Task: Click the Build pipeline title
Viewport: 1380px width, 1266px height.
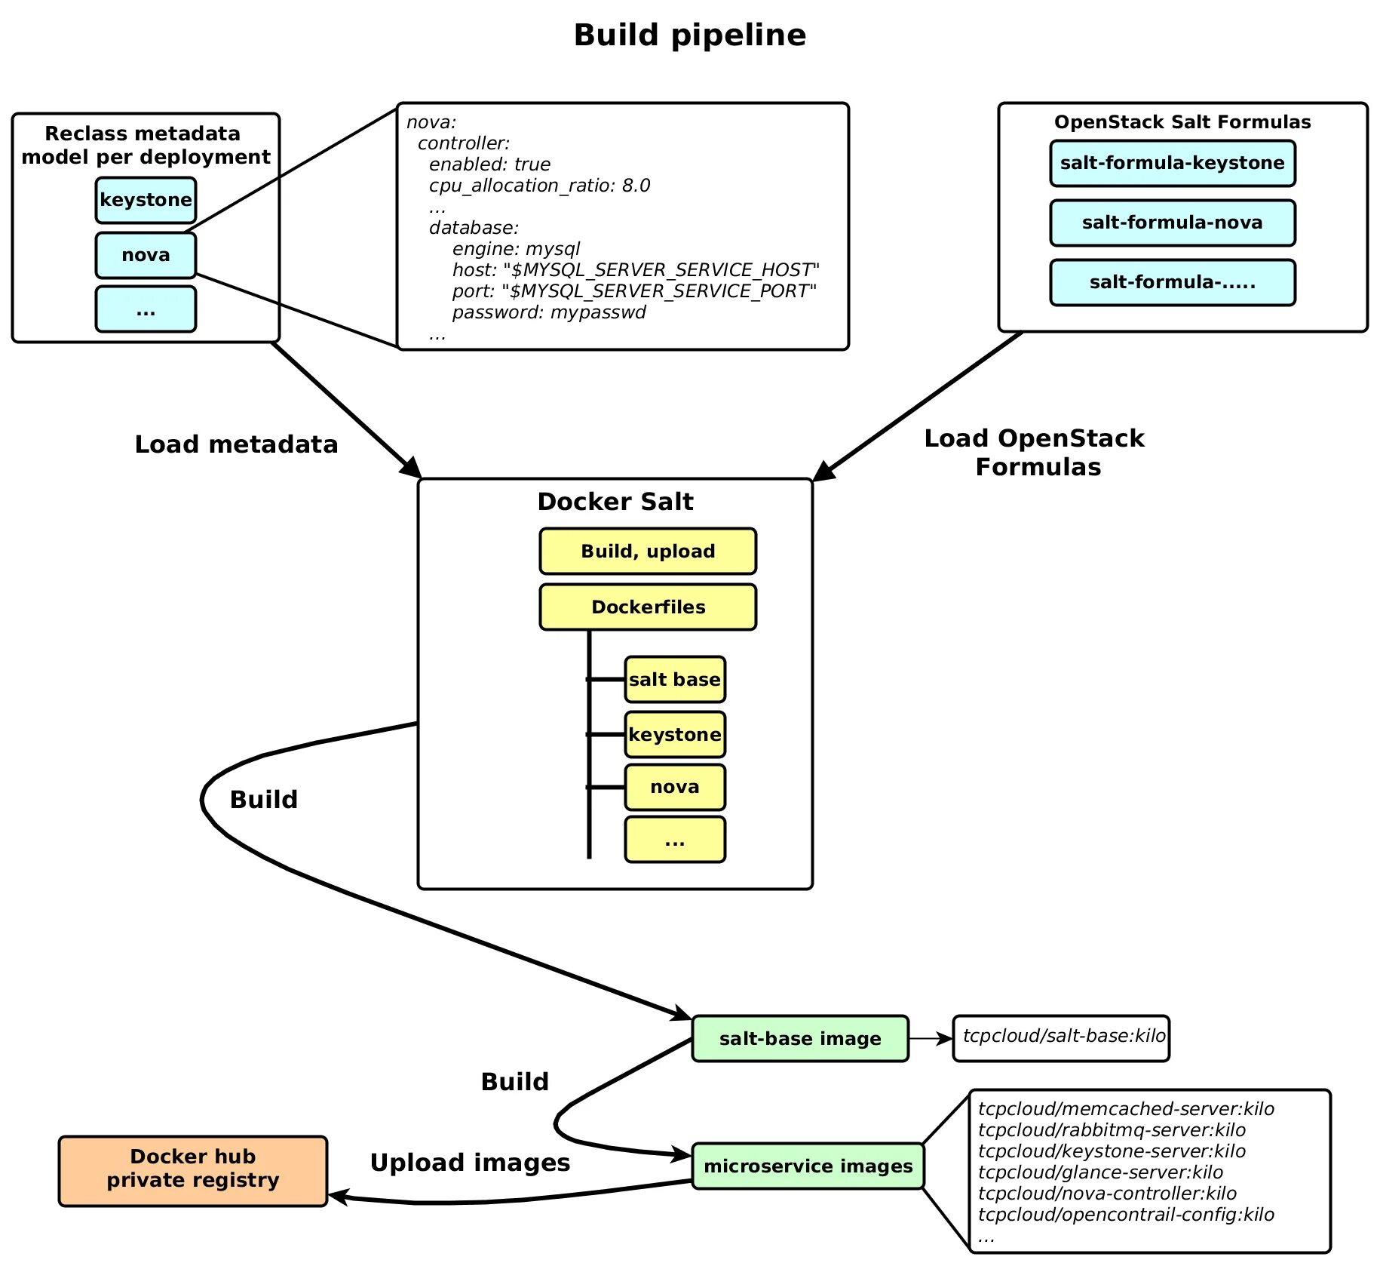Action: (689, 35)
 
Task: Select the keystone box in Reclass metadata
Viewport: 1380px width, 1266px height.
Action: (146, 200)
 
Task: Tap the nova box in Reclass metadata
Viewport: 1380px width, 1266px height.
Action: (146, 255)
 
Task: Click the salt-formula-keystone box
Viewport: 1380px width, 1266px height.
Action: (1172, 163)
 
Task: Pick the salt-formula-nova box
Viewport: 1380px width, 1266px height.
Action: (1172, 223)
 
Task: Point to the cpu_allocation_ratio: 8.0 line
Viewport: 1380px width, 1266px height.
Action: (539, 186)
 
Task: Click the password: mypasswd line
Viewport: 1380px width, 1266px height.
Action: (548, 312)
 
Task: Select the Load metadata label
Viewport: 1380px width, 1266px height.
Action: (236, 444)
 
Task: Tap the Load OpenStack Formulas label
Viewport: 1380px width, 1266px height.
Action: (1035, 452)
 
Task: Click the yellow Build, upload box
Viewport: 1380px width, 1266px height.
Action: (648, 552)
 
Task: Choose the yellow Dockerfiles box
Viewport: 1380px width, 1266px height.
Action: (648, 607)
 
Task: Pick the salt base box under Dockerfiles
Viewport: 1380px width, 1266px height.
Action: (675, 680)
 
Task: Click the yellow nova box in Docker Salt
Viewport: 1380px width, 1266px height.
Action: (675, 787)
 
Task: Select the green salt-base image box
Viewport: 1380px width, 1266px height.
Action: (800, 1039)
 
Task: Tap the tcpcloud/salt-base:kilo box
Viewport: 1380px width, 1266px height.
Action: (1061, 1037)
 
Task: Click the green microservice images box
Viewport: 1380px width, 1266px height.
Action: (808, 1166)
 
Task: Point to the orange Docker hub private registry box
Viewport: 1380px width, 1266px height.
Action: (193, 1169)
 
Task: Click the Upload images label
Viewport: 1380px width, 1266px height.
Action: (470, 1163)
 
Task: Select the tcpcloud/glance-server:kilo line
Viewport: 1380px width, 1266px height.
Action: (1100, 1172)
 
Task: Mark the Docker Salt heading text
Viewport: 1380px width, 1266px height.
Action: (615, 502)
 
